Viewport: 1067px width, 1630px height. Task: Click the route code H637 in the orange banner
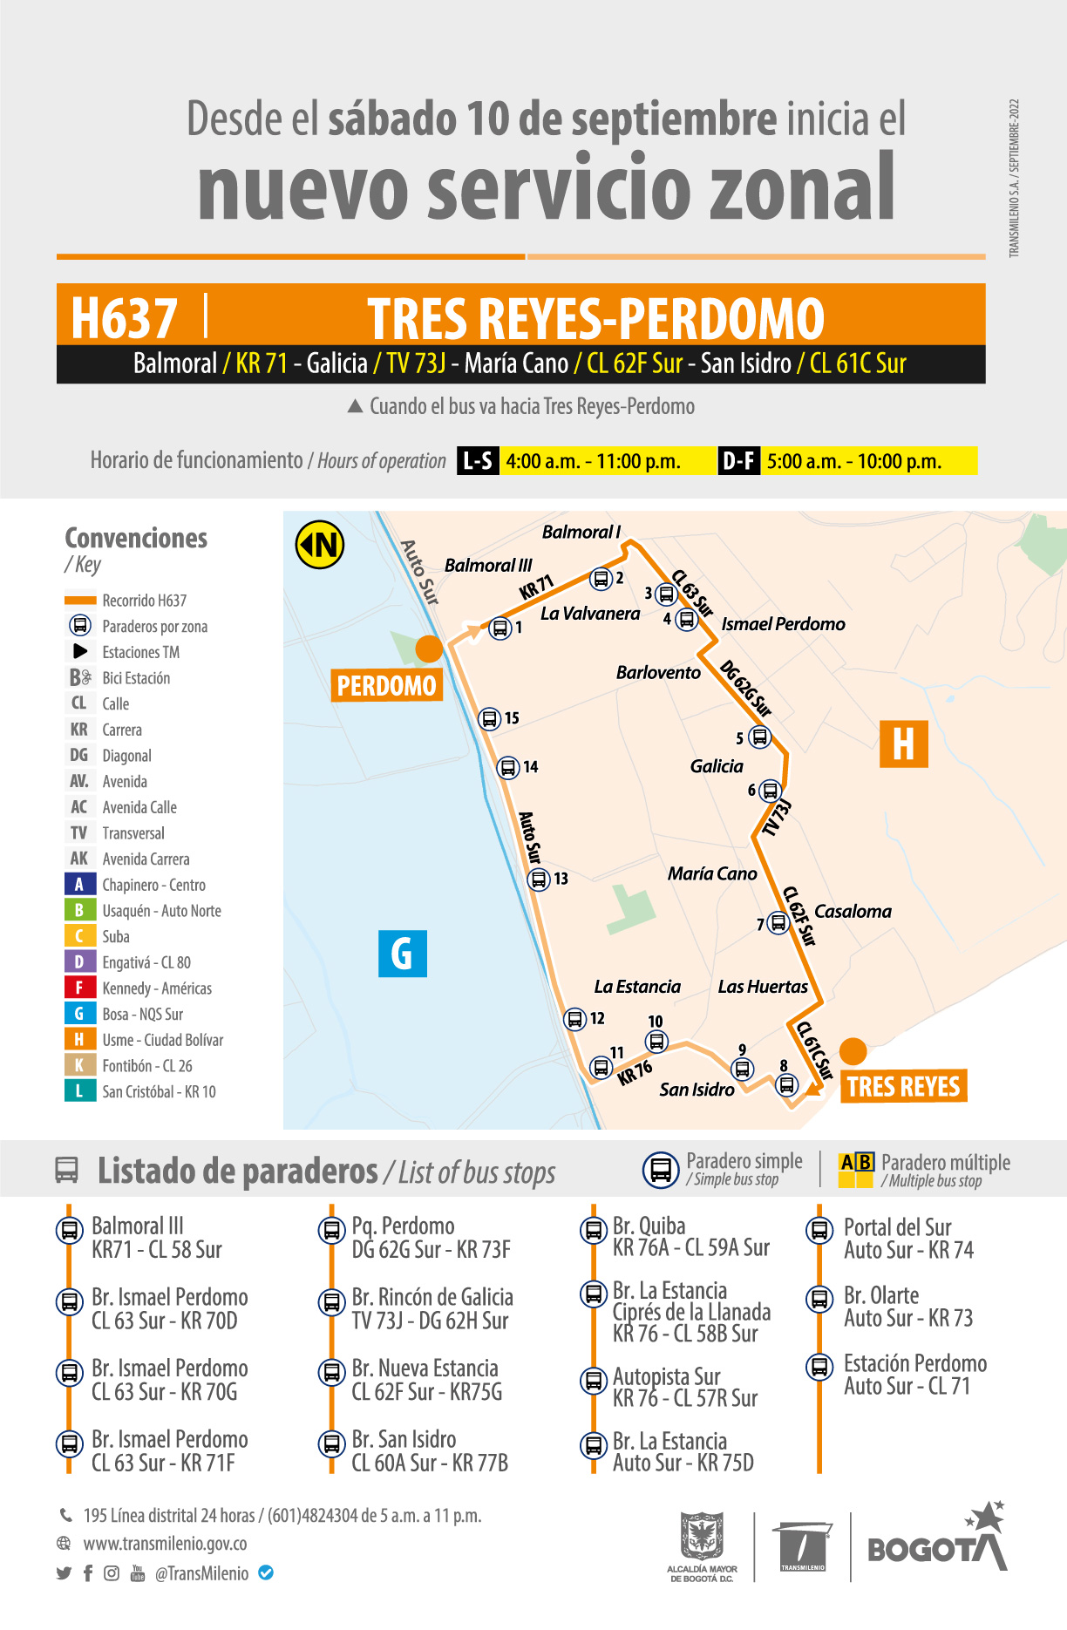125,317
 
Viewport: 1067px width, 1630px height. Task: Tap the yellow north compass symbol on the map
320,545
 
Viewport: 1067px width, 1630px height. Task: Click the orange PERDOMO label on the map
386,686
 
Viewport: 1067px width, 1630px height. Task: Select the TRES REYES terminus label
903,1086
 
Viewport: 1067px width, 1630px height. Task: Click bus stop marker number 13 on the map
539,879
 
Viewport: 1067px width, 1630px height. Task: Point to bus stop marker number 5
760,737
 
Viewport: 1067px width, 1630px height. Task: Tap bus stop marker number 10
656,1041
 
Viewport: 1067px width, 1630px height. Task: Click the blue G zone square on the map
403,954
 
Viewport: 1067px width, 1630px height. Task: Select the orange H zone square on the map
903,744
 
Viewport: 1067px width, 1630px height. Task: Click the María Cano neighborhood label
712,873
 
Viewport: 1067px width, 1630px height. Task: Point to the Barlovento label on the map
658,672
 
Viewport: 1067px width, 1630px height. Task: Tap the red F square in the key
79,988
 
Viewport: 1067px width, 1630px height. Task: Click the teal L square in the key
79,1090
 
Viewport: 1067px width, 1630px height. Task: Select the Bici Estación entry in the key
135,678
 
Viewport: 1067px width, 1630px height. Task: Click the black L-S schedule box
478,460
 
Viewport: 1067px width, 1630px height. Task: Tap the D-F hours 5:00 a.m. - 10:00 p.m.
854,461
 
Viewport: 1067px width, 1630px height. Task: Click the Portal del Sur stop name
897,1226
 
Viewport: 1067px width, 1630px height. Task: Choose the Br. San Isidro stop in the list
404,1439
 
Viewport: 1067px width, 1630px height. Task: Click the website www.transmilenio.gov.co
165,1544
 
